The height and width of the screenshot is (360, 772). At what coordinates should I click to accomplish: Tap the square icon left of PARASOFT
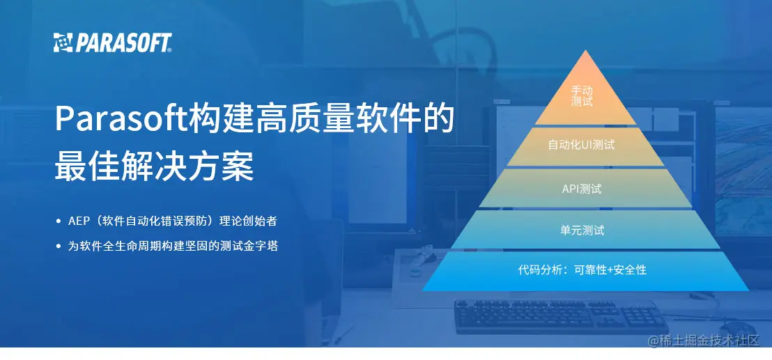pos(63,42)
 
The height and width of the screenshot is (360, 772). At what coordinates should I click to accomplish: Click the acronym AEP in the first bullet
pos(79,221)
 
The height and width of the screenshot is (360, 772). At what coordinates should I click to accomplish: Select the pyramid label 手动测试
pos(582,96)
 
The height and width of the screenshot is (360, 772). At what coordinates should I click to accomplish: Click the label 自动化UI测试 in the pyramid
pos(582,146)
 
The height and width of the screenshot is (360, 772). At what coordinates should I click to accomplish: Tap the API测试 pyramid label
pos(582,189)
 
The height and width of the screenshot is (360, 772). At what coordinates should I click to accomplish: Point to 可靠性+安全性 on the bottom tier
pos(610,269)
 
